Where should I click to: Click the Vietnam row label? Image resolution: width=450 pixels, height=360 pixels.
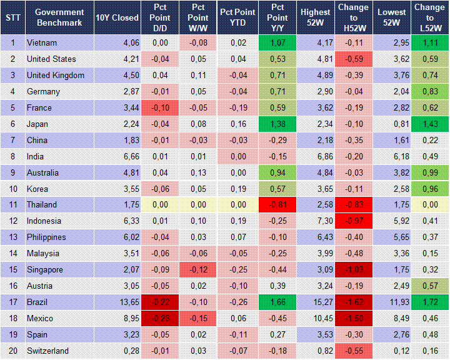[x=41, y=42]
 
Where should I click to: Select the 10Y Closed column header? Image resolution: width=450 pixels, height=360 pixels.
[x=117, y=17]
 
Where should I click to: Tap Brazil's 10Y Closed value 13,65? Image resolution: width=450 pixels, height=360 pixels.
[x=117, y=302]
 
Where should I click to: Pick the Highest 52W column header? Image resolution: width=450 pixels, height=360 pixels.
[x=316, y=17]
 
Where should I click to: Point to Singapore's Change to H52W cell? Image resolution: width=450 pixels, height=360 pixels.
[x=354, y=269]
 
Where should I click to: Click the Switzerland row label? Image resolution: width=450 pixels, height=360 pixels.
[x=47, y=351]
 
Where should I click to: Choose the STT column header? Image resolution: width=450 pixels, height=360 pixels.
[x=12, y=17]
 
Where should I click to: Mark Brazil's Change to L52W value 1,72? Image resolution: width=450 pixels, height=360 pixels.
[x=430, y=302]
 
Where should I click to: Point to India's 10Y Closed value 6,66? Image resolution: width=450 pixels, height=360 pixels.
[x=117, y=156]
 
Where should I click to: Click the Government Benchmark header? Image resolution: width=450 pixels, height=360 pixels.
[x=59, y=17]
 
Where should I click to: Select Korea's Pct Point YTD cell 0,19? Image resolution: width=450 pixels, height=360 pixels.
[x=236, y=189]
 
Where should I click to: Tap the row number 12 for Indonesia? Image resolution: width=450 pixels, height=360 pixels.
[x=12, y=221]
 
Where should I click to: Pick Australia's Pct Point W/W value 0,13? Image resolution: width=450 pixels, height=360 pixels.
[x=197, y=172]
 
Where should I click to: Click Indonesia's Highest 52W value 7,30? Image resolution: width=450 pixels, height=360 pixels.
[x=316, y=221]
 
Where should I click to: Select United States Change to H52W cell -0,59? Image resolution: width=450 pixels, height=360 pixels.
[x=354, y=59]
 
